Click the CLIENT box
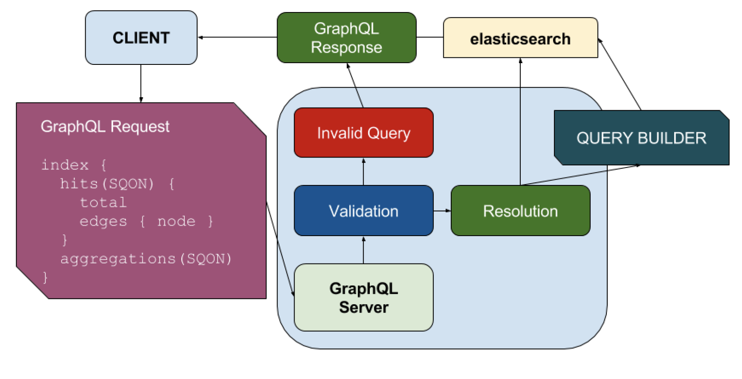point(141,38)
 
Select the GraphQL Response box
point(346,38)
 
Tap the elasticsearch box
point(520,39)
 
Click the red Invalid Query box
point(364,133)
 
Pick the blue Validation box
point(364,211)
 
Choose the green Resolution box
point(520,211)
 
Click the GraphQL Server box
point(364,298)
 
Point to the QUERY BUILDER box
point(641,138)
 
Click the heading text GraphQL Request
point(105,126)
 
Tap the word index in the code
point(65,165)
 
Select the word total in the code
point(103,202)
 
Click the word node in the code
point(176,221)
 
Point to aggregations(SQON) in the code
point(146,259)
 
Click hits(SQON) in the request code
point(107,184)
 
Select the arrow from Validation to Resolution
point(442,211)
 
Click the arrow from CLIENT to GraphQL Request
point(141,83)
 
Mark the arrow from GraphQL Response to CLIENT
point(237,37)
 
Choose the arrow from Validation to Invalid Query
point(364,172)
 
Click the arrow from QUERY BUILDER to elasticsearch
point(620,74)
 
